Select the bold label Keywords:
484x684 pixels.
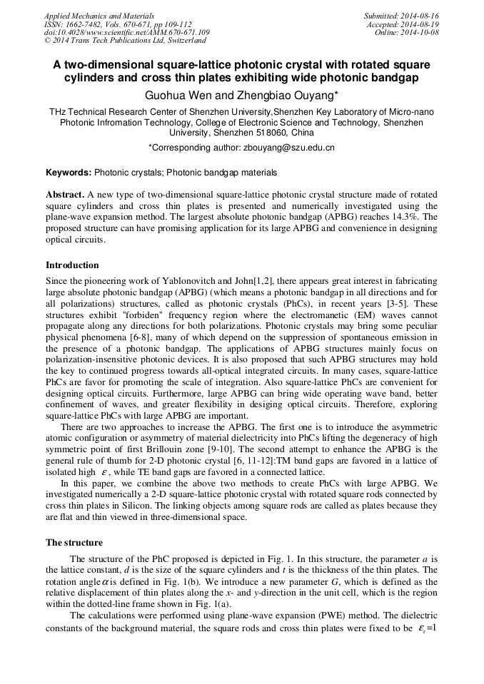pyautogui.click(x=69, y=173)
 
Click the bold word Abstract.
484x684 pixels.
pyautogui.click(x=65, y=194)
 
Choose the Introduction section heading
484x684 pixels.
pyautogui.click(x=72, y=265)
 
